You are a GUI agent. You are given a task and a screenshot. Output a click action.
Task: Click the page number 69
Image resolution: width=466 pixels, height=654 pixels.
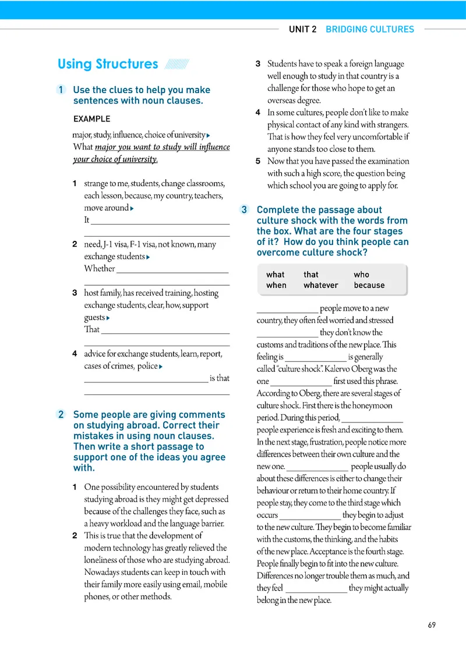tap(432, 625)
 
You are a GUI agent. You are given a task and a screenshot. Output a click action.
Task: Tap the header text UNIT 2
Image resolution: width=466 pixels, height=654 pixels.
tap(302, 29)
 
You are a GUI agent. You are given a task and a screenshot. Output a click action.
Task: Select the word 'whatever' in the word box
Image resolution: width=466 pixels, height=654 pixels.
tap(320, 285)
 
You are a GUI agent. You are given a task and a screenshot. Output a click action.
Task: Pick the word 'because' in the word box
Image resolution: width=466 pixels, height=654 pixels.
tap(369, 285)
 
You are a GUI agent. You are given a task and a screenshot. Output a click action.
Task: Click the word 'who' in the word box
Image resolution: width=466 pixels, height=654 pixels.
tap(361, 275)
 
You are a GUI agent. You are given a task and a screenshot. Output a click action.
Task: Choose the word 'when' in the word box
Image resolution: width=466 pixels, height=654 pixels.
tap(276, 285)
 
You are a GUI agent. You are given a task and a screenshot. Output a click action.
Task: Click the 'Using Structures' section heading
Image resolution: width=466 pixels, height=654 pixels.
tap(108, 64)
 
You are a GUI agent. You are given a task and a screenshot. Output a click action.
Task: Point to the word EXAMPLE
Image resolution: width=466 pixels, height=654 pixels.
tap(91, 119)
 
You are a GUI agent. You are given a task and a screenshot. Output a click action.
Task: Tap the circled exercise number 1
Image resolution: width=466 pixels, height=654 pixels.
tap(62, 90)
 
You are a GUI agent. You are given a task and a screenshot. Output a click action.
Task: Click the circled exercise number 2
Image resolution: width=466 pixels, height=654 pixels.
tap(62, 415)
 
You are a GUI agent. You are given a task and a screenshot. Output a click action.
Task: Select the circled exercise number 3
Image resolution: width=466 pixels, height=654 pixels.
tap(245, 210)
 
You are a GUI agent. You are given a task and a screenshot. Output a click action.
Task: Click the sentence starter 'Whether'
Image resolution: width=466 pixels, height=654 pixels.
tap(100, 268)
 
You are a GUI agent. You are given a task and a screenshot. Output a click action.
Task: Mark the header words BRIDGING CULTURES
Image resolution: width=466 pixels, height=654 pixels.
tap(369, 29)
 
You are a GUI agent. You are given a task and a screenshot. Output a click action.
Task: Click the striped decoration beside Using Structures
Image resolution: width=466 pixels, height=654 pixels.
tap(176, 64)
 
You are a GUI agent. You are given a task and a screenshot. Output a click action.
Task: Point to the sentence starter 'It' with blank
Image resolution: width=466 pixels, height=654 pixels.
tap(87, 220)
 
